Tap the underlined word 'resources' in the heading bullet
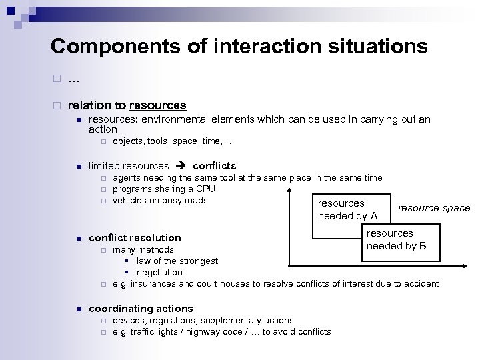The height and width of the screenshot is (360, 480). (x=158, y=105)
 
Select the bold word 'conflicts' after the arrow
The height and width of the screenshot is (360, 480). (x=214, y=165)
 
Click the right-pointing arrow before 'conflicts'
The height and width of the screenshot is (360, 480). (x=180, y=165)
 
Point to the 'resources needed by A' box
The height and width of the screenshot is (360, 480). (x=348, y=209)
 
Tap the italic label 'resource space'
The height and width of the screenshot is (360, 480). (x=434, y=208)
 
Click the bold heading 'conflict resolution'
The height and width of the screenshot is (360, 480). (x=135, y=237)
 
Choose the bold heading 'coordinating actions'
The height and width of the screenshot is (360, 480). (x=141, y=308)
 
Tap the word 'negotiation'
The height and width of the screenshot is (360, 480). (x=159, y=272)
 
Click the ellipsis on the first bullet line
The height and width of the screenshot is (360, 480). (x=73, y=80)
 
